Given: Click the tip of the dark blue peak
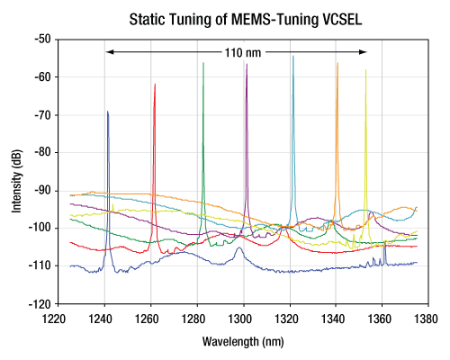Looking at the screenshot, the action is click(x=107, y=112).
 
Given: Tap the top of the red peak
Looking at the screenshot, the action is click(x=155, y=85).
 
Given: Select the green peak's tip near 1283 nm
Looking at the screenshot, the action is click(x=203, y=63).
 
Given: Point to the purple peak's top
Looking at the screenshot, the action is click(x=247, y=64).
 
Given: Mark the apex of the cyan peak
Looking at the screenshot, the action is click(x=293, y=56).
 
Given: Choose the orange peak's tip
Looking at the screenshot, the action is click(x=337, y=63).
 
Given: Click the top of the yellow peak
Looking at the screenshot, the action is click(x=365, y=70).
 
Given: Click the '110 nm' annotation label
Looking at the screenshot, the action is click(x=243, y=53).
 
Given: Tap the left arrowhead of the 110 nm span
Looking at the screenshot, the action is click(x=110, y=52).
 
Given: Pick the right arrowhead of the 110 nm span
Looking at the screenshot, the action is click(x=364, y=52).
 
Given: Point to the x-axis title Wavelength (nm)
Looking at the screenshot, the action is click(x=243, y=342).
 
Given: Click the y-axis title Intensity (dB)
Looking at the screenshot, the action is click(x=17, y=181).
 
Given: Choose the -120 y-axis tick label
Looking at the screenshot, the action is click(x=42, y=304).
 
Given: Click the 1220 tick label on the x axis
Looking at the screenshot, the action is click(x=54, y=319).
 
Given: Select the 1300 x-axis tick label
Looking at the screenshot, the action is click(x=239, y=319).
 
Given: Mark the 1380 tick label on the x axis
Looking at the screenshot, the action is click(x=426, y=319).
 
